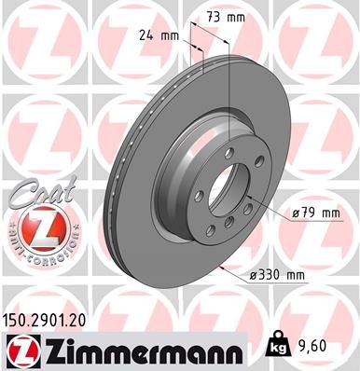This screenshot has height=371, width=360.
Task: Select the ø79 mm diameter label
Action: (x=315, y=213)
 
